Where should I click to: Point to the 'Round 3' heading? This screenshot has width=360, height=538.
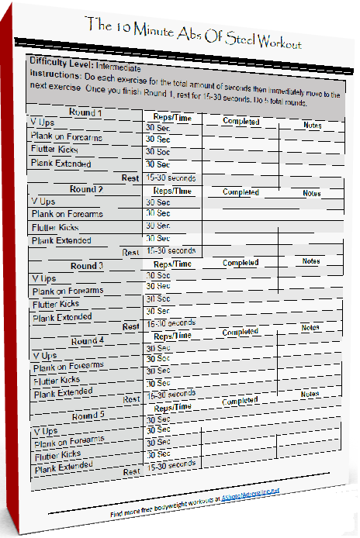(x=87, y=266)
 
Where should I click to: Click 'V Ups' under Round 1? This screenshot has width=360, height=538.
(x=42, y=123)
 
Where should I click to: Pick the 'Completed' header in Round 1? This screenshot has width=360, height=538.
(x=241, y=122)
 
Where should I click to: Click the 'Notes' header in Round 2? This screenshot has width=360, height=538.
(x=311, y=193)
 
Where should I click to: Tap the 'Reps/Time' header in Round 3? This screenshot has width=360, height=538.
(x=173, y=264)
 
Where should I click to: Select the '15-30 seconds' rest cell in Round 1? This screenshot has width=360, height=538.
(x=171, y=178)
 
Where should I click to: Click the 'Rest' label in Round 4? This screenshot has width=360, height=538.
(x=132, y=399)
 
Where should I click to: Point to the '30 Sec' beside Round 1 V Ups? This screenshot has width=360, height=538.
(x=157, y=127)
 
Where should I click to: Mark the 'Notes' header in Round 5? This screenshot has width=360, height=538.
(x=310, y=395)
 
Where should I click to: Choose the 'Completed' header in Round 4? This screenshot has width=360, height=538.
(x=240, y=333)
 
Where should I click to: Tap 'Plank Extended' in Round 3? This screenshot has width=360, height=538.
(x=63, y=318)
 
